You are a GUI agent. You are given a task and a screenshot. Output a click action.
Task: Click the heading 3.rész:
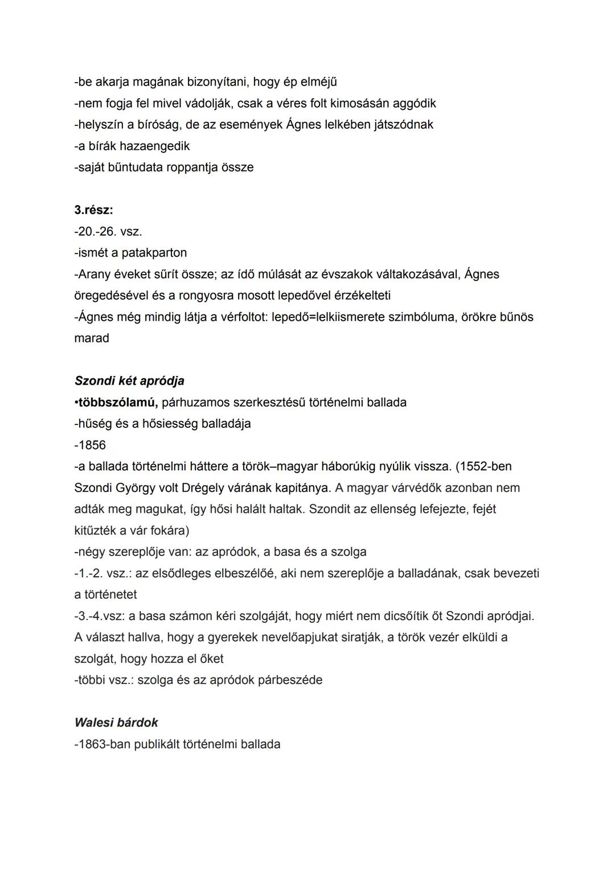coord(93,210)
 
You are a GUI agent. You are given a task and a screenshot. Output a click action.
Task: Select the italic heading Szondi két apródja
coord(129,381)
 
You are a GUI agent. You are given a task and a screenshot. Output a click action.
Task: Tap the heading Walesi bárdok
coord(116,723)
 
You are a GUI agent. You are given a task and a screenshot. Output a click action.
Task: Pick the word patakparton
coord(154,252)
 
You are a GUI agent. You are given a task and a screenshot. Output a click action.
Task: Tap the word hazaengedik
coord(154,146)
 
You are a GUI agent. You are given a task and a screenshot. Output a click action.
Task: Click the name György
coord(140,488)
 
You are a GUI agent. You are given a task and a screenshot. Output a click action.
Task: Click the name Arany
coord(94,274)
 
